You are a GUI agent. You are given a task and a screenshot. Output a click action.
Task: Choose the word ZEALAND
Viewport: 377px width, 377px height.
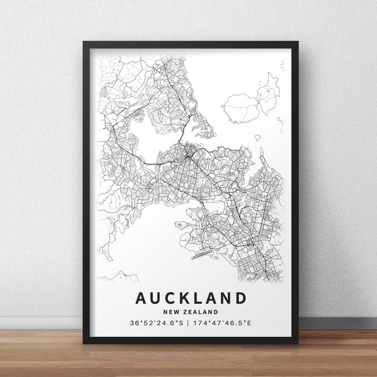[x=201, y=312]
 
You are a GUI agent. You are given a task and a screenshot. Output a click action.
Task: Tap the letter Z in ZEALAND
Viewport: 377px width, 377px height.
[x=186, y=312]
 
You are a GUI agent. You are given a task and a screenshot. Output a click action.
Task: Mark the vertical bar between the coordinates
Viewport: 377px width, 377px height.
[x=188, y=322]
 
